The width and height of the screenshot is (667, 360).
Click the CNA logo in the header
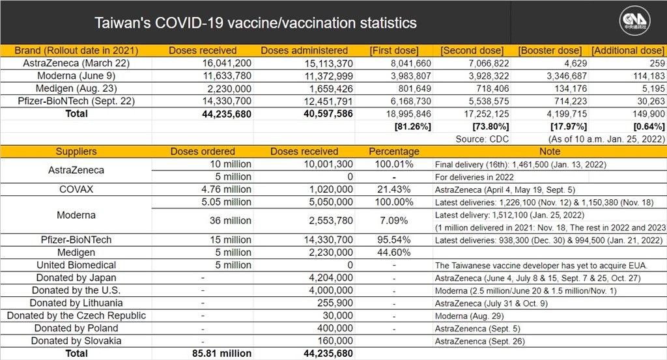634,20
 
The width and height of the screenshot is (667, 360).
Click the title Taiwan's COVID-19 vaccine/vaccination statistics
255,23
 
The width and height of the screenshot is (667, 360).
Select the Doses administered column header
304,51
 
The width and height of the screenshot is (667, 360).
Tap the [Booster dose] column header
550,51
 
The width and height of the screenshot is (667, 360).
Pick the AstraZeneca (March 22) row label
76,63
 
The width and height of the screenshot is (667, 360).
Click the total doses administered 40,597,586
328,114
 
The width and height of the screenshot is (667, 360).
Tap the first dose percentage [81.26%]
412,127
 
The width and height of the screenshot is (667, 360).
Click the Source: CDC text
482,139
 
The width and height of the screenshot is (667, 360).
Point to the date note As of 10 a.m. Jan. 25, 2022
606,139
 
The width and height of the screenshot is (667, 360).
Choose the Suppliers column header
76,152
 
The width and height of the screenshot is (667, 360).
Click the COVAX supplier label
76,189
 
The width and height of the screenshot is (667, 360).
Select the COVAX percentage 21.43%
394,189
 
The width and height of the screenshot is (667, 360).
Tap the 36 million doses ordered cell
230,221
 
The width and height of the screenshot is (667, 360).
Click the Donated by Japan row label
76,278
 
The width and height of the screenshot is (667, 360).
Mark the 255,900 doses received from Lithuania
335,303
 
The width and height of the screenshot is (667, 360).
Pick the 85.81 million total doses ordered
221,353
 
